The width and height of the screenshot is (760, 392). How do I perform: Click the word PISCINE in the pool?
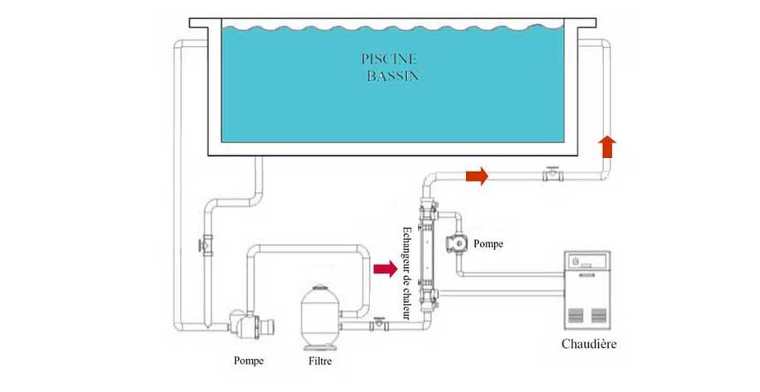click(388, 60)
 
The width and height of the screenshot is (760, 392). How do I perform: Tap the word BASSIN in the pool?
click(392, 76)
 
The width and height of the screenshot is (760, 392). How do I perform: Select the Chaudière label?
click(587, 343)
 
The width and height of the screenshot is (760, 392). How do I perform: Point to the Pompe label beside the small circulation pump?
click(491, 244)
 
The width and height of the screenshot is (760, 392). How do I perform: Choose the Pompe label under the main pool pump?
click(249, 361)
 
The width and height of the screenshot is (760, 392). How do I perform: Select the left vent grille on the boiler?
click(577, 315)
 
